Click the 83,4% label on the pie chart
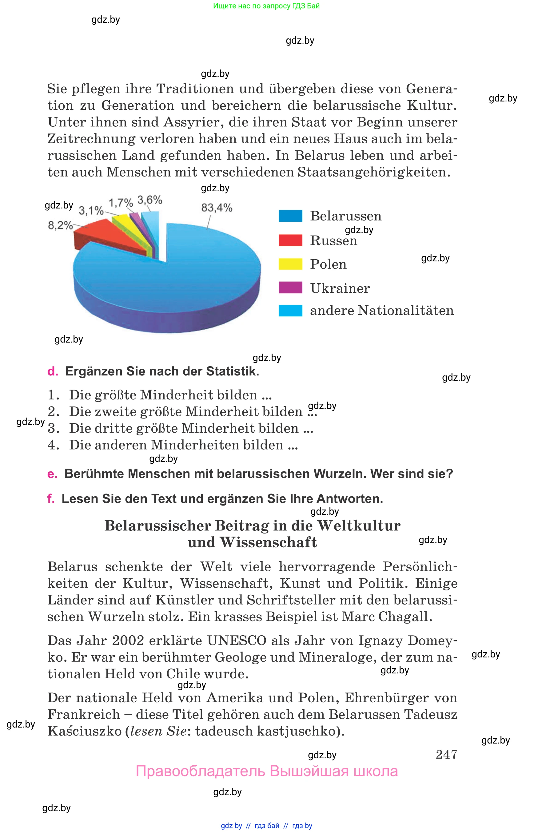(x=217, y=208)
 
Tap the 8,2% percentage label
(x=60, y=226)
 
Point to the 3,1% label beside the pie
(x=91, y=210)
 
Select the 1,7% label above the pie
(x=121, y=202)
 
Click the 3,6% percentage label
(x=150, y=200)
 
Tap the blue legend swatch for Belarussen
(x=290, y=216)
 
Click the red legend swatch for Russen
(x=290, y=240)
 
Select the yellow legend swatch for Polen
(x=290, y=264)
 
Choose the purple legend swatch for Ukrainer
(x=290, y=288)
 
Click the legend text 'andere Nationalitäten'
(x=381, y=311)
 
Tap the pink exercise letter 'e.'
(x=52, y=474)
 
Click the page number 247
(x=446, y=754)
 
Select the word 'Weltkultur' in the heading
(x=359, y=526)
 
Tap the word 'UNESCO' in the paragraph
(x=237, y=641)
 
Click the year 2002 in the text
(x=128, y=641)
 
